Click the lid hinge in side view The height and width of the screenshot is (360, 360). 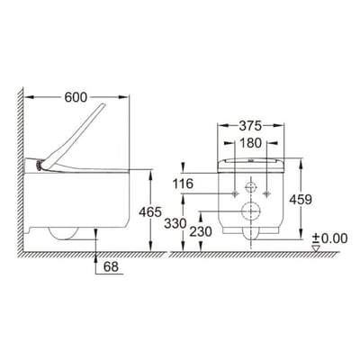pyautogui.click(x=40, y=166)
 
